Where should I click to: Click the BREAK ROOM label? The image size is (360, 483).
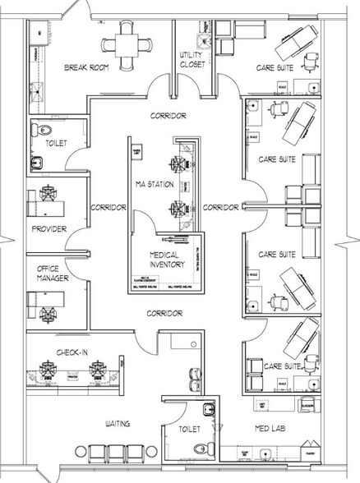coord(90,67)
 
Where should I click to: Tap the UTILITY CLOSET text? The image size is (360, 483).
coord(191,60)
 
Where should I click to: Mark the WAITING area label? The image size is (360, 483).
coord(122,424)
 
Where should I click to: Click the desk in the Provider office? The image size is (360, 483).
coord(41,198)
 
